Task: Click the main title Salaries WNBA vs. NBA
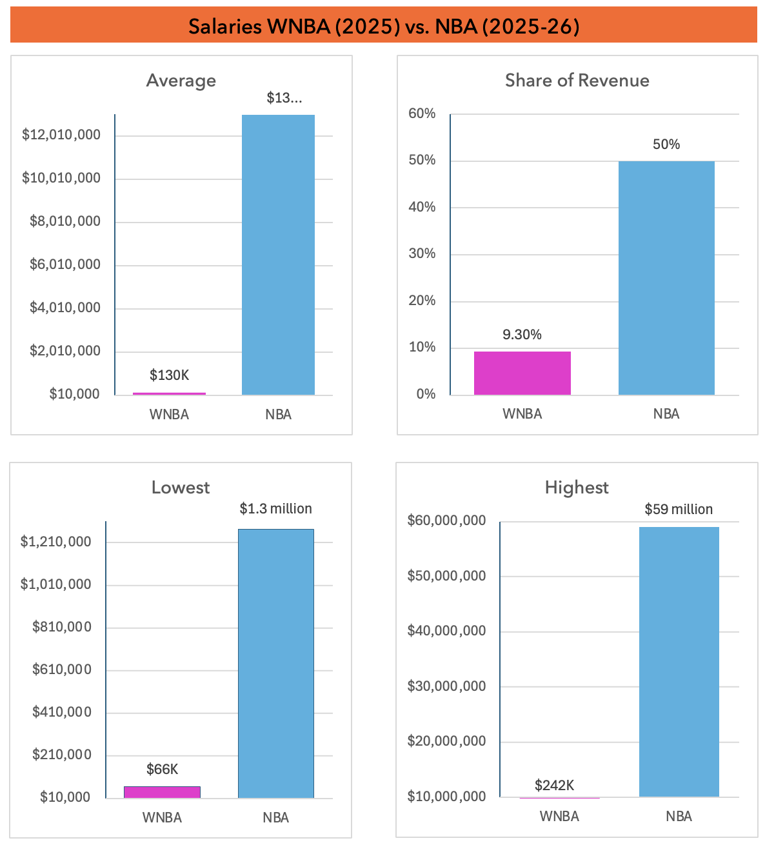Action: [384, 26]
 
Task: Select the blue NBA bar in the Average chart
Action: [278, 255]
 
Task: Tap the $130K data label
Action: [169, 375]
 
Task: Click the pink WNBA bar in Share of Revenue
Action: [522, 373]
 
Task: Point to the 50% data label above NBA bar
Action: [666, 144]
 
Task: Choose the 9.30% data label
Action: [522, 335]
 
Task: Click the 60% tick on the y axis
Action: [422, 114]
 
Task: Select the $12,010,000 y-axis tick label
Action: [61, 135]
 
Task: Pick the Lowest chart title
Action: [181, 488]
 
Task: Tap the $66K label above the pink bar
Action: [162, 770]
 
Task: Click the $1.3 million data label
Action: [275, 509]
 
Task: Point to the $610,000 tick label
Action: [62, 670]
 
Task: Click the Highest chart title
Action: [577, 488]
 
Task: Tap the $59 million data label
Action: [679, 510]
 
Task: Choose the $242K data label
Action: [554, 786]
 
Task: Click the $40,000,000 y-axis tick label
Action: [446, 631]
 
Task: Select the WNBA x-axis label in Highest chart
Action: [559, 817]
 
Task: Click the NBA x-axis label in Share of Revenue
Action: [666, 414]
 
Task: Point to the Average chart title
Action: [181, 81]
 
